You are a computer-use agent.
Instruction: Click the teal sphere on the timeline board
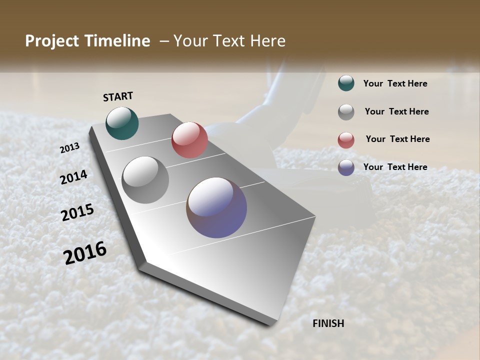click(x=122, y=123)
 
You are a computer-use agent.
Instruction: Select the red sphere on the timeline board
click(x=189, y=140)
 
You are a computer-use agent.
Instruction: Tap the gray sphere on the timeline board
click(x=145, y=180)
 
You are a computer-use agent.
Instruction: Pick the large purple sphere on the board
click(x=216, y=207)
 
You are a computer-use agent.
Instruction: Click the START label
click(x=118, y=96)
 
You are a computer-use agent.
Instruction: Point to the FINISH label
click(x=328, y=323)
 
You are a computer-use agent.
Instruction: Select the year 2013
click(x=70, y=148)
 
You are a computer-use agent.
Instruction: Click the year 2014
click(x=73, y=177)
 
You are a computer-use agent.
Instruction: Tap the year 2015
click(x=77, y=212)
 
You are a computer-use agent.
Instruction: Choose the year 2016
click(x=85, y=253)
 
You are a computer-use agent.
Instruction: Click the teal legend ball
click(x=346, y=83)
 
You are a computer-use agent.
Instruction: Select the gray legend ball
click(x=346, y=112)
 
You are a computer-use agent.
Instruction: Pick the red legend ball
click(x=346, y=140)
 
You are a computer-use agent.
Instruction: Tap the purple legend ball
click(x=346, y=167)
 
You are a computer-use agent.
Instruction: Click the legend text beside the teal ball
click(x=395, y=83)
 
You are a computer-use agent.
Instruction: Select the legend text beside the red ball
click(x=397, y=139)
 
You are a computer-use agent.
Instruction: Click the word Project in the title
click(x=52, y=41)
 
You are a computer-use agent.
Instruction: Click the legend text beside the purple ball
click(x=395, y=167)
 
